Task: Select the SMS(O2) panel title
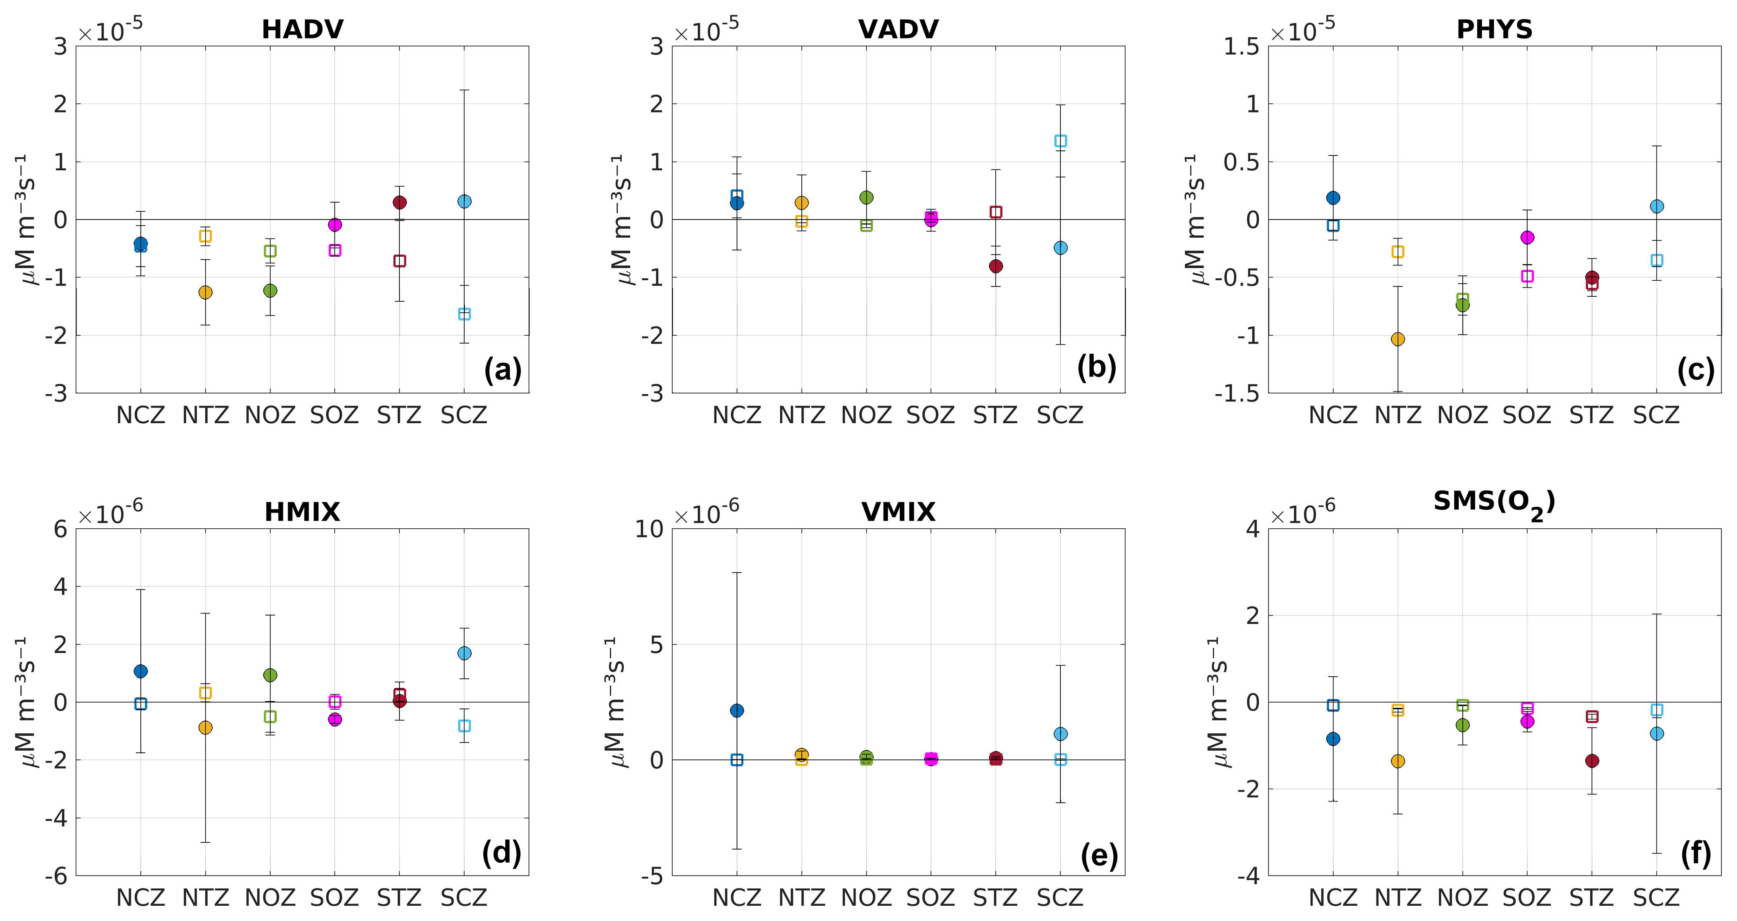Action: click(1494, 503)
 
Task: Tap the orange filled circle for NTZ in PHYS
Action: click(1398, 339)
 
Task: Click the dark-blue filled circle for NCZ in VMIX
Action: click(737, 711)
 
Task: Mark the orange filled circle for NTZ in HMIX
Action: click(206, 728)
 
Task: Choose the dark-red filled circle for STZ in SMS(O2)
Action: click(1592, 761)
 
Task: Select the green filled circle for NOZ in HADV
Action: click(271, 290)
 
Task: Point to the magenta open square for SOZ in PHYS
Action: click(1527, 276)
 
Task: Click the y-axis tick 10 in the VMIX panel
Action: click(649, 529)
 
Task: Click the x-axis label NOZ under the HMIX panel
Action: click(271, 897)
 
